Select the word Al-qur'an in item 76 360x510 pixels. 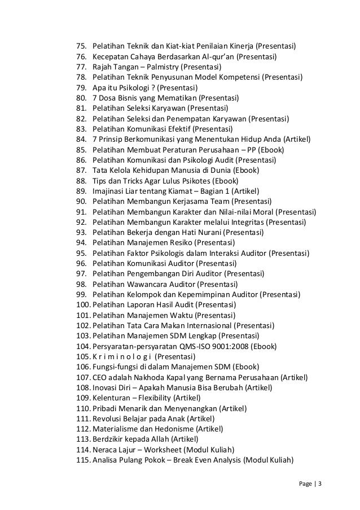[217, 55]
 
